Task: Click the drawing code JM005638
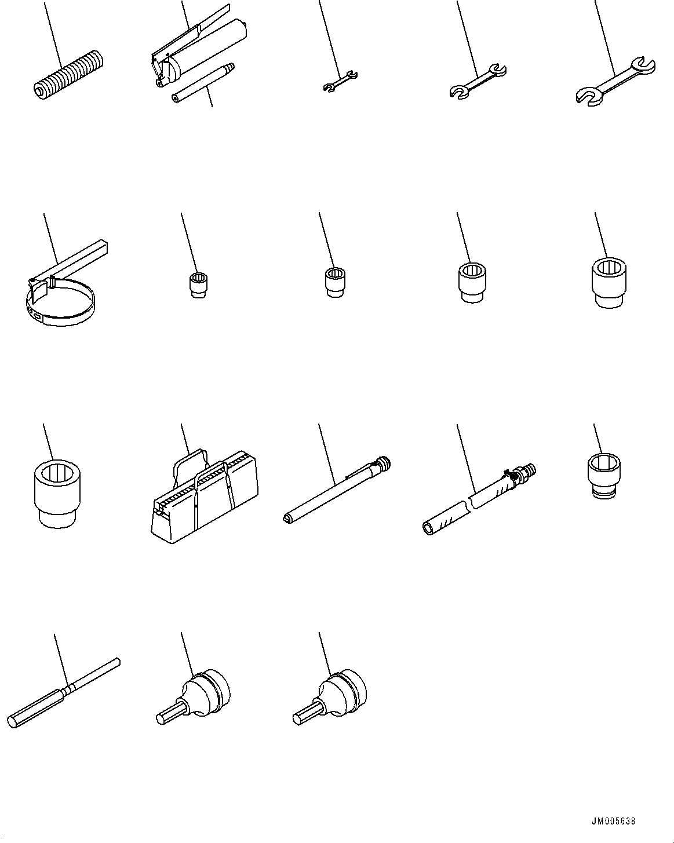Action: coord(613,822)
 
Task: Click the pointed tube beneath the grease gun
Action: coord(203,82)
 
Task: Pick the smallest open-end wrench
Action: coord(340,81)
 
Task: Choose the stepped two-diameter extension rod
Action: coord(64,689)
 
